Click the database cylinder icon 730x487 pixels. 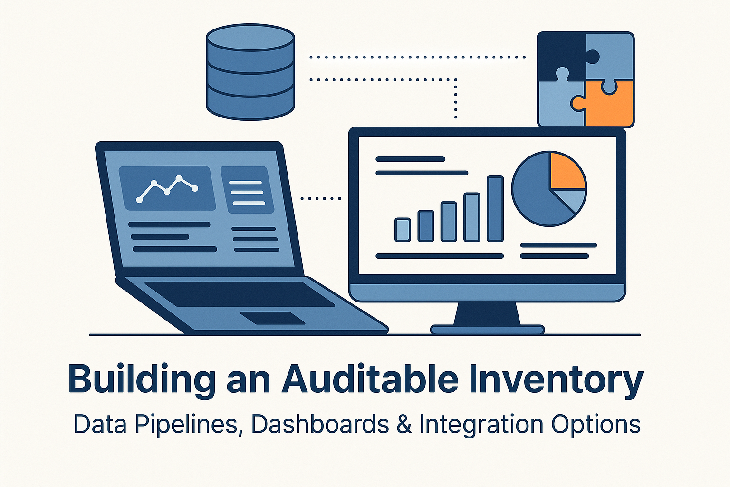250,72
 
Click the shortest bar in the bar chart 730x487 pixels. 403,229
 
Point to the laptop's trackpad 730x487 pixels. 272,318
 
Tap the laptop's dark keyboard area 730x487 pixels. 238,294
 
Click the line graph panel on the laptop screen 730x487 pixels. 167,188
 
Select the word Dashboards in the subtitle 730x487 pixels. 320,424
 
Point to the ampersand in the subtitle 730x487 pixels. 404,424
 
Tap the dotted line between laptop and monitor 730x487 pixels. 321,198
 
